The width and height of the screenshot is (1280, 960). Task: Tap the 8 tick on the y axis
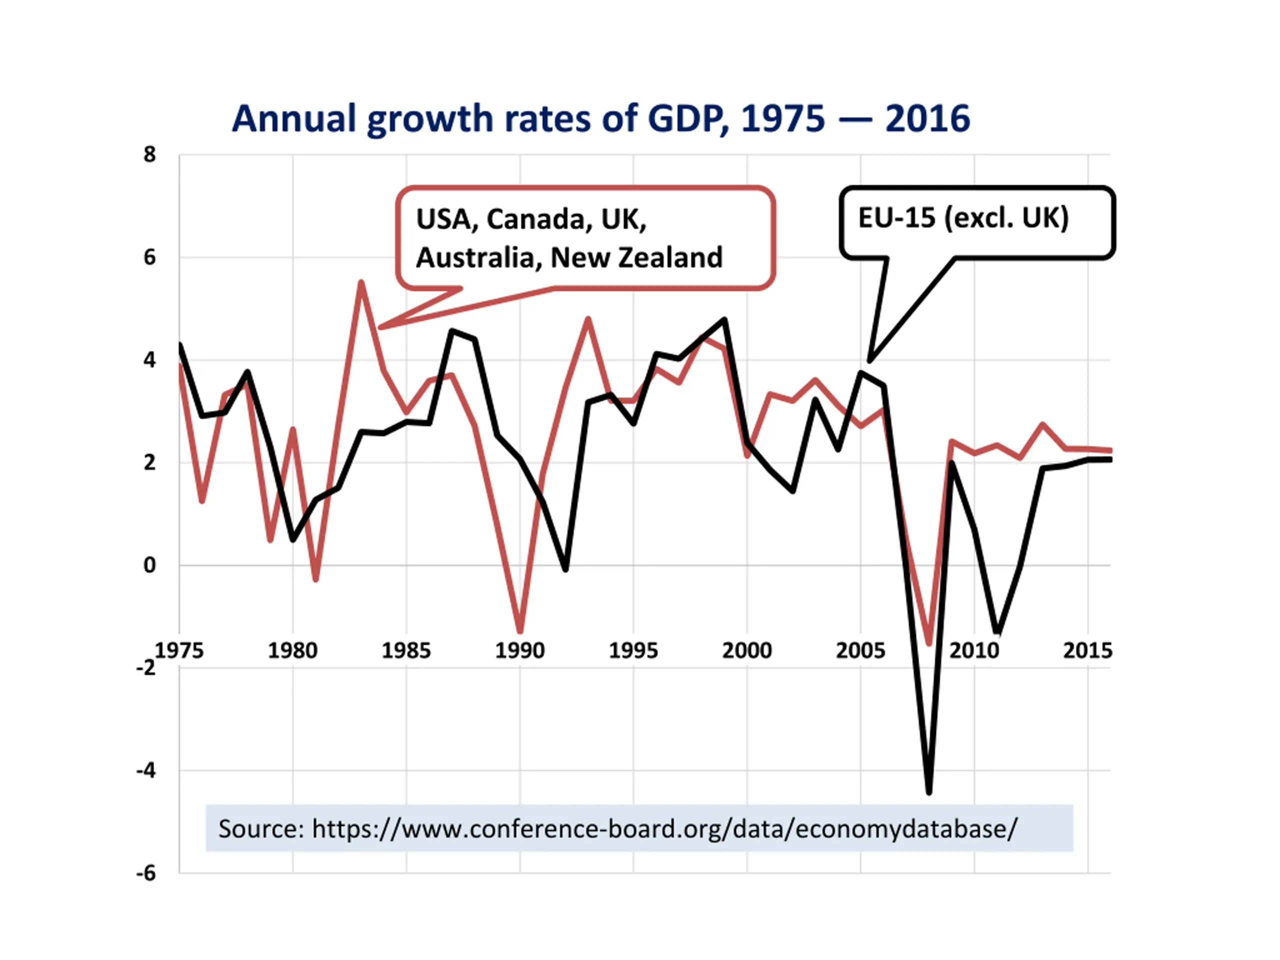[150, 154]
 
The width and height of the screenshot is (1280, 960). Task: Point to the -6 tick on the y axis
[146, 873]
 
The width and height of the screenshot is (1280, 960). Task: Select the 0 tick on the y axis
[150, 565]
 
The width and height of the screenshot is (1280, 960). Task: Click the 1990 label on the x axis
[519, 650]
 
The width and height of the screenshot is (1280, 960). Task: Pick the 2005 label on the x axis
[860, 650]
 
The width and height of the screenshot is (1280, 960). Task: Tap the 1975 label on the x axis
[179, 650]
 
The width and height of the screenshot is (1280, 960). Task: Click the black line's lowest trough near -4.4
[929, 791]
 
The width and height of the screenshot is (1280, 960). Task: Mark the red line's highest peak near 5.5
[361, 282]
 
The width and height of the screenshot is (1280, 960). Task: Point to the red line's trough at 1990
[520, 630]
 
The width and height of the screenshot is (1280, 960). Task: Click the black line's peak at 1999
[724, 319]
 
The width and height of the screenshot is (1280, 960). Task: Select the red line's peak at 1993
[588, 319]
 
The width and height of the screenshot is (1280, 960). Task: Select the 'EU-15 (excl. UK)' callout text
[963, 218]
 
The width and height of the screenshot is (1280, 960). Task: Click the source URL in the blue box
[664, 828]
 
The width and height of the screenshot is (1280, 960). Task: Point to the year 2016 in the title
[927, 118]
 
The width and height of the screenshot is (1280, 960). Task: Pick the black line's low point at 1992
[565, 569]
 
